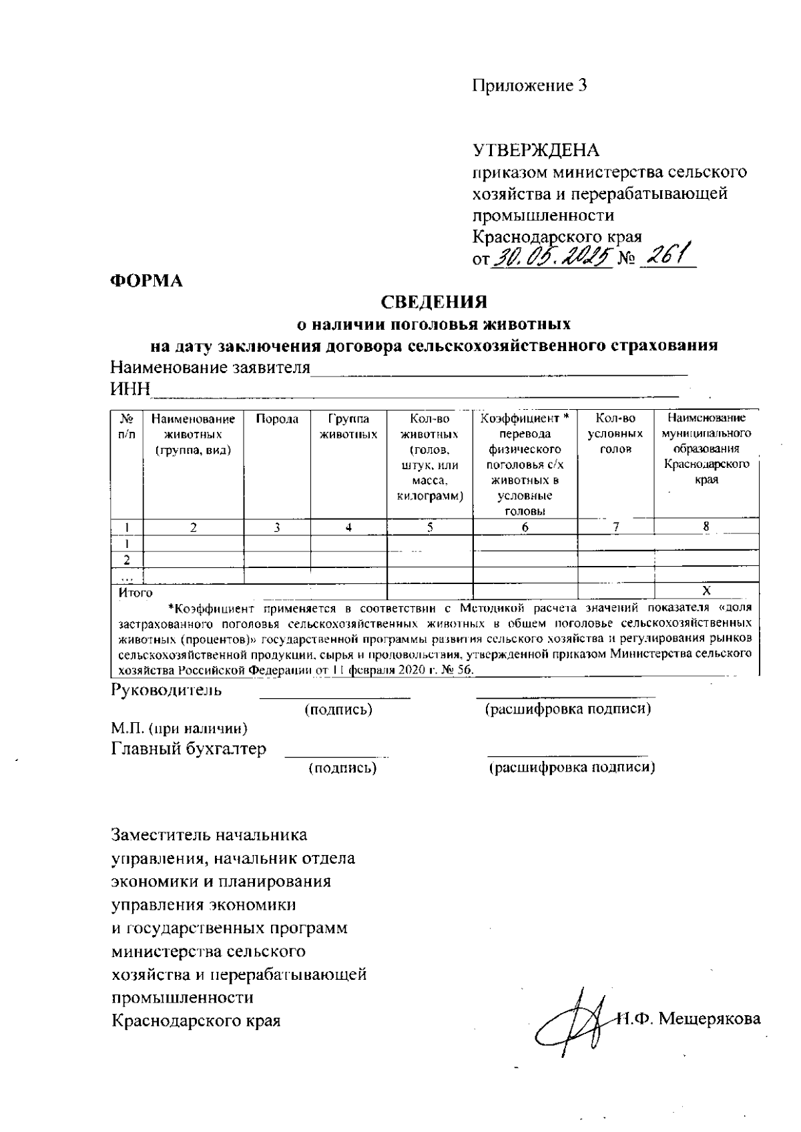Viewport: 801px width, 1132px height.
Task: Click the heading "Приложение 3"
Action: point(529,86)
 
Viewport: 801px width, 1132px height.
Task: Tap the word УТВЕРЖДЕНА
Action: point(536,150)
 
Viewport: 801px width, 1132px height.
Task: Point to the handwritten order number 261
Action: point(667,254)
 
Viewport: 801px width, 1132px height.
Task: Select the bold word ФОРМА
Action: point(146,281)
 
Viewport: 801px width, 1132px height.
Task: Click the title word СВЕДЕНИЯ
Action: point(433,302)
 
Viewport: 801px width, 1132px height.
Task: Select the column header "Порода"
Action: point(277,419)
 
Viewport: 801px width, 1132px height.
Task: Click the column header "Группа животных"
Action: point(348,427)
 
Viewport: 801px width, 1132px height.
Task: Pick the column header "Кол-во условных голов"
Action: point(615,435)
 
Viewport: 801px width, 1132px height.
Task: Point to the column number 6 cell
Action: point(525,527)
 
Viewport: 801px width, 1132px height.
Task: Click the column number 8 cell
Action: point(706,527)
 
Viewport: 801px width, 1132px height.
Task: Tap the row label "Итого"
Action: point(136,593)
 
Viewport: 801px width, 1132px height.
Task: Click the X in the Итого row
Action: point(706,591)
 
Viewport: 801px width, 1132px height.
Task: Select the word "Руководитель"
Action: point(166,689)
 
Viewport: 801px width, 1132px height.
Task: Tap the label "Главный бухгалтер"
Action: point(188,749)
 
